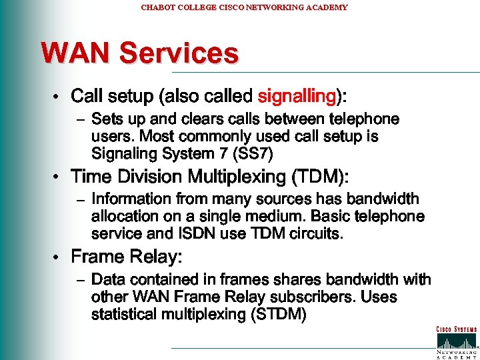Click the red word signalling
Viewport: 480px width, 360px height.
pos(296,96)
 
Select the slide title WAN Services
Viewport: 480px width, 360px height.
pos(139,53)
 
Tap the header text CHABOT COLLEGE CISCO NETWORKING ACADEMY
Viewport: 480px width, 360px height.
pos(244,7)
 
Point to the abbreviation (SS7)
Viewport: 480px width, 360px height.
pos(251,153)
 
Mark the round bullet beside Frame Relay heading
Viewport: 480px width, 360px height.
pos(59,257)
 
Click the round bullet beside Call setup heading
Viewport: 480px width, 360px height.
pos(59,97)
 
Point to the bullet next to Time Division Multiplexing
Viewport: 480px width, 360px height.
pos(59,177)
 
